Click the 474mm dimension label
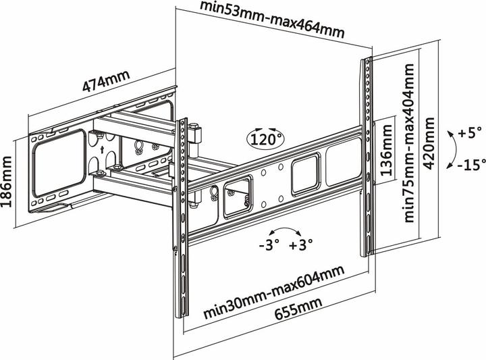(x=107, y=85)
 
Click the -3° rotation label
(x=270, y=245)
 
